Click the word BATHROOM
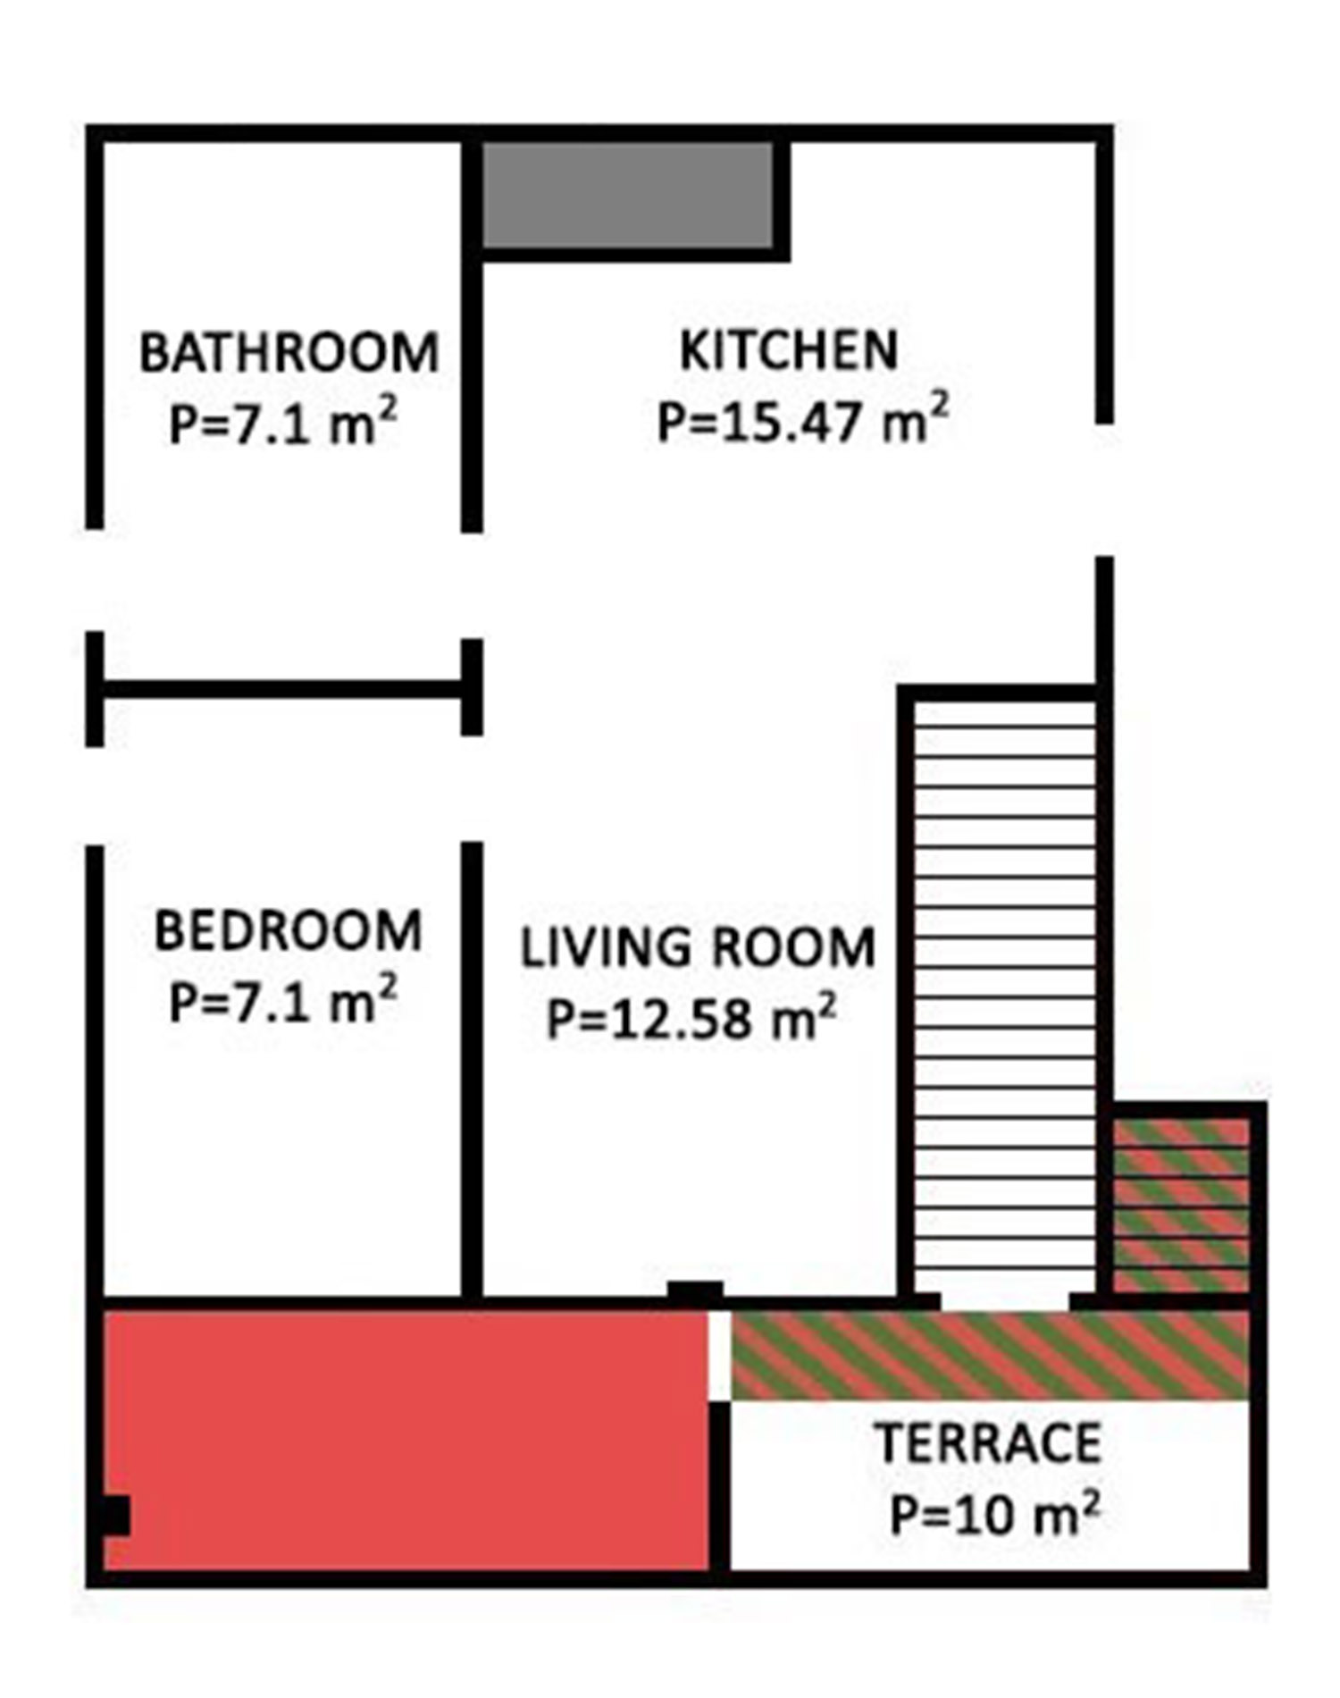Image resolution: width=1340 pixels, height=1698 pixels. pos(289,352)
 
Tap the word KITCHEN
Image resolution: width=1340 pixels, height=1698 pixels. pos(788,350)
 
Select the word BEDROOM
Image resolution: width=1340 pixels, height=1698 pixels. pos(288,931)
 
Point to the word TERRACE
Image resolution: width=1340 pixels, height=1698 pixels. pos(987,1443)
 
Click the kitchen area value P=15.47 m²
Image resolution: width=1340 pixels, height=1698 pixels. pos(801,422)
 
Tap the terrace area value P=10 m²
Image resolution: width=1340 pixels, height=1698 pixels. pos(993,1513)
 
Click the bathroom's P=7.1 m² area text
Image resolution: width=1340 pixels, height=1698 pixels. pos(282,424)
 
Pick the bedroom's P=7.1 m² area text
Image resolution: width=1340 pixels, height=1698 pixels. pos(282,1002)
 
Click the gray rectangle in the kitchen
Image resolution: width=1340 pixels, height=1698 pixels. pos(628,194)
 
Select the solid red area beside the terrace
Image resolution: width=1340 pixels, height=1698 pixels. pos(406,1441)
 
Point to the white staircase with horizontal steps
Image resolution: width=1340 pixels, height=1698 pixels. pos(1005,992)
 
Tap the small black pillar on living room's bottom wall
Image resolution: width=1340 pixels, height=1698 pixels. pos(695,1290)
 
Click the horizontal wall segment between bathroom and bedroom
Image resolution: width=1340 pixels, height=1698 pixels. pos(282,689)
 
